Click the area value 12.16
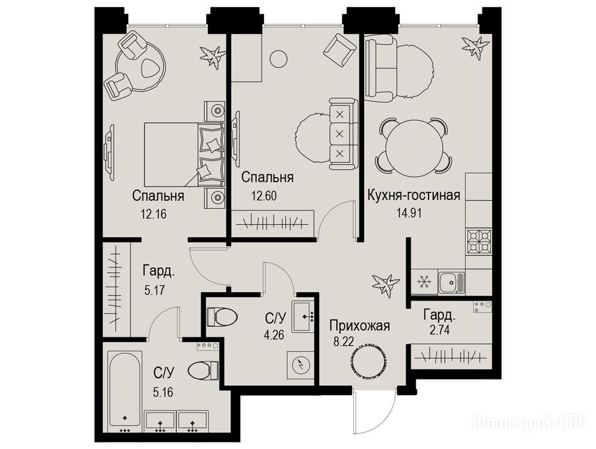pyautogui.click(x=153, y=215)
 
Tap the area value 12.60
pyautogui.click(x=263, y=196)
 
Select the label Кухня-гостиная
pyautogui.click(x=413, y=195)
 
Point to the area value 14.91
pyautogui.click(x=409, y=213)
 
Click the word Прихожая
pyautogui.click(x=359, y=326)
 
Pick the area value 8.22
pyautogui.click(x=344, y=341)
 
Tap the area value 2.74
pyautogui.click(x=439, y=330)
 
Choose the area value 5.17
pyautogui.click(x=155, y=291)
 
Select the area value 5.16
pyautogui.click(x=163, y=392)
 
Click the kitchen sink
pyautogui.click(x=451, y=283)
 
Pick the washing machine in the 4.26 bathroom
pyautogui.click(x=300, y=365)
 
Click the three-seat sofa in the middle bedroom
pyautogui.click(x=343, y=134)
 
